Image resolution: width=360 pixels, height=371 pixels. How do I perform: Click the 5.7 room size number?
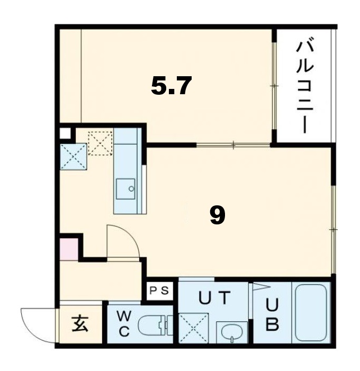click(x=170, y=86)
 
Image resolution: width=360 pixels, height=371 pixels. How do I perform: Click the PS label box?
click(x=159, y=290)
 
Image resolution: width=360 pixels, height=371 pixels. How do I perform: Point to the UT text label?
click(x=214, y=299)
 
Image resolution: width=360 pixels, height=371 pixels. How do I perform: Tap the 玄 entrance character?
click(x=80, y=324)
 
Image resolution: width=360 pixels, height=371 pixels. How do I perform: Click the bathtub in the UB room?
click(x=311, y=313)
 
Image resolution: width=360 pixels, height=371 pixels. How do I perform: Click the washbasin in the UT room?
click(x=231, y=332)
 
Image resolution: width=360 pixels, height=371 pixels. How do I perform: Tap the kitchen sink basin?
click(x=127, y=188)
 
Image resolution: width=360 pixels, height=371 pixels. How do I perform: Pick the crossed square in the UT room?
click(x=193, y=329)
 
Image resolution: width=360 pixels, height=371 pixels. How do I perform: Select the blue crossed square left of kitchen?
click(x=73, y=157)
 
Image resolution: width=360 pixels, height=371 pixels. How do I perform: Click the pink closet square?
click(x=68, y=249)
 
